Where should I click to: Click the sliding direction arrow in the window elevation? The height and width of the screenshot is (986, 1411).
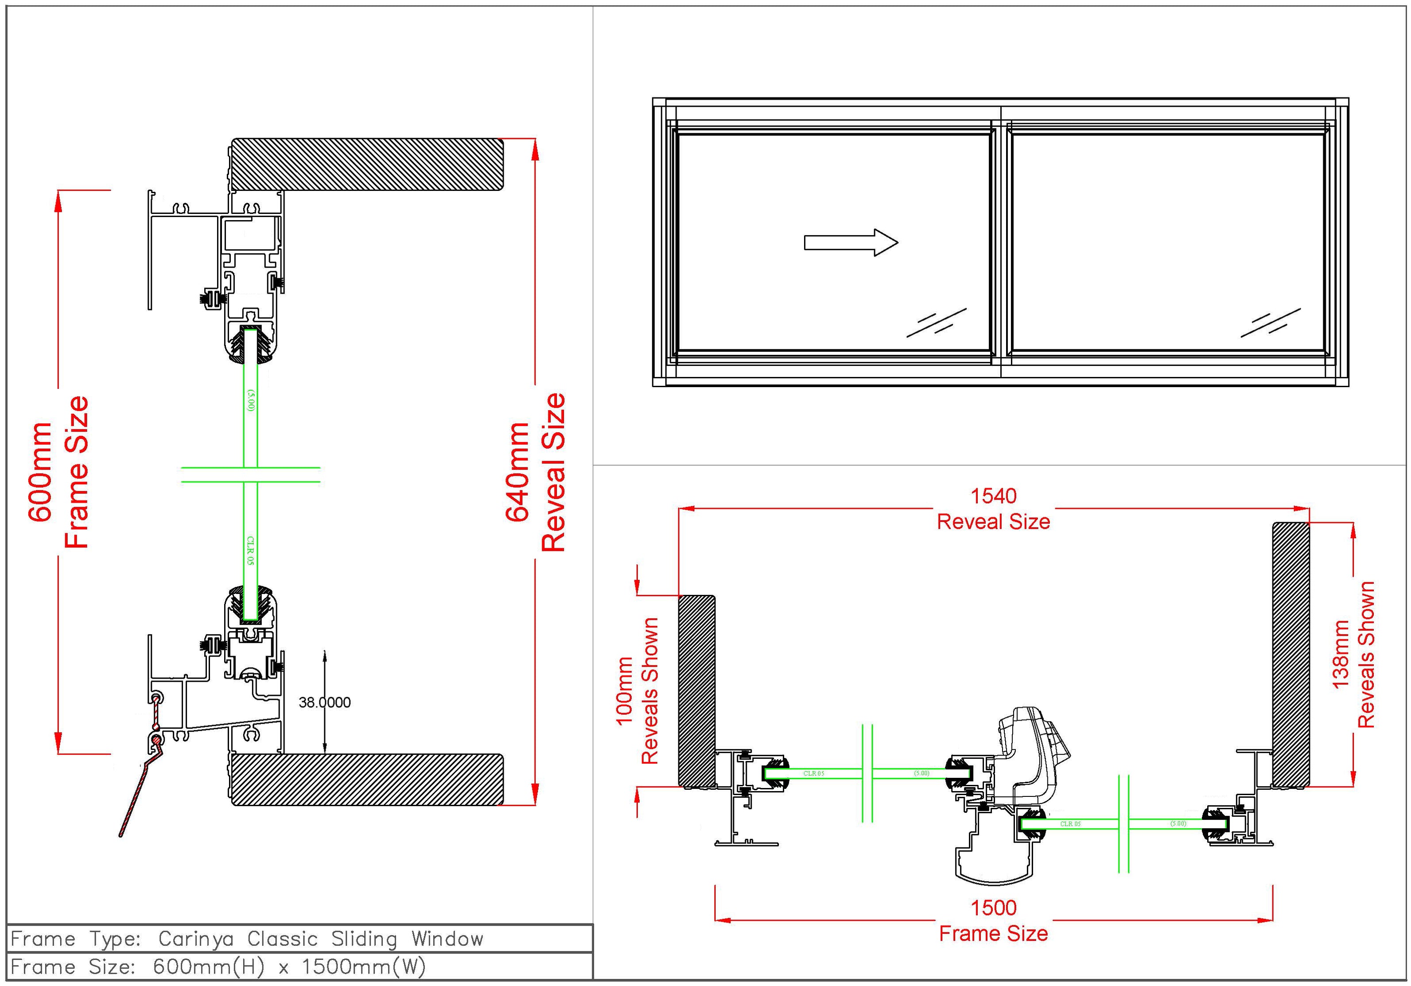[851, 243]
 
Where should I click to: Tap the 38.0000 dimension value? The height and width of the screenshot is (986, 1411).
[324, 702]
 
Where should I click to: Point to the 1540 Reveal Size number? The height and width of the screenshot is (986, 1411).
[993, 496]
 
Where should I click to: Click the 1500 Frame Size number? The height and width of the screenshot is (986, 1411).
[993, 907]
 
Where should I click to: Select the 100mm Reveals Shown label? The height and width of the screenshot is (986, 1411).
[637, 691]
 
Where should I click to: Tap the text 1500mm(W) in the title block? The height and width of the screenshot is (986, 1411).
[364, 967]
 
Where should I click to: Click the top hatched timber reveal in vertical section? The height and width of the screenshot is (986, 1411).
[368, 164]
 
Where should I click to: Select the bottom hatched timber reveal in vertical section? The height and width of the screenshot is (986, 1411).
[368, 779]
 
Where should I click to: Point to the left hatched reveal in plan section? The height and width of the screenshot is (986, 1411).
[696, 691]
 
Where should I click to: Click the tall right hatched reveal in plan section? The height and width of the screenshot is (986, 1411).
[1290, 654]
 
